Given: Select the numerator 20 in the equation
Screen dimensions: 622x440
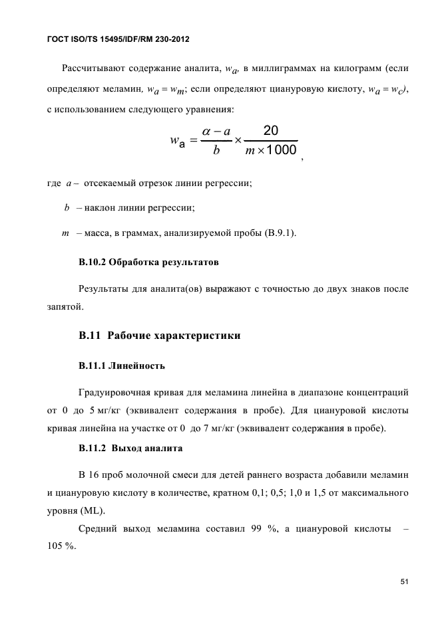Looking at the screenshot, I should [x=271, y=129].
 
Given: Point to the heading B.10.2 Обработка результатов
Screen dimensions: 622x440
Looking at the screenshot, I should [x=148, y=262].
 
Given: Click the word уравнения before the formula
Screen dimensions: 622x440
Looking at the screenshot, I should [x=214, y=106].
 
